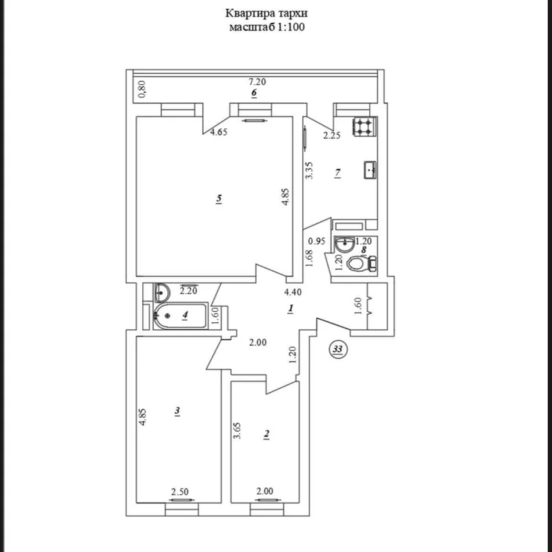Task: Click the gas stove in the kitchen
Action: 364,127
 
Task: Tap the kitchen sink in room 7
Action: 370,170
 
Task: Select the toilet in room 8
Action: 361,264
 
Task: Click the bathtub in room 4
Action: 181,316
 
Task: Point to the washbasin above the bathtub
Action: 162,293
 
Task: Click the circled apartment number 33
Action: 337,349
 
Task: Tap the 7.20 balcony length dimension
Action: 257,82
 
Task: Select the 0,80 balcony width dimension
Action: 142,90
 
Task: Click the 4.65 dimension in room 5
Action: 219,132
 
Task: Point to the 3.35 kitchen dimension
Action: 309,170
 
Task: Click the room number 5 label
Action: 219,199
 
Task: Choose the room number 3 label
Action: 177,411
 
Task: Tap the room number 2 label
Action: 266,435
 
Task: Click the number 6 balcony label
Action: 254,93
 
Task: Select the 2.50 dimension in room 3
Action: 179,491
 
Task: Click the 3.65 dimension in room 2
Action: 237,431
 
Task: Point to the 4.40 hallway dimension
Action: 293,292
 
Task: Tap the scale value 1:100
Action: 291,27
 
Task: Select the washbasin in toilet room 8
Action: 344,244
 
